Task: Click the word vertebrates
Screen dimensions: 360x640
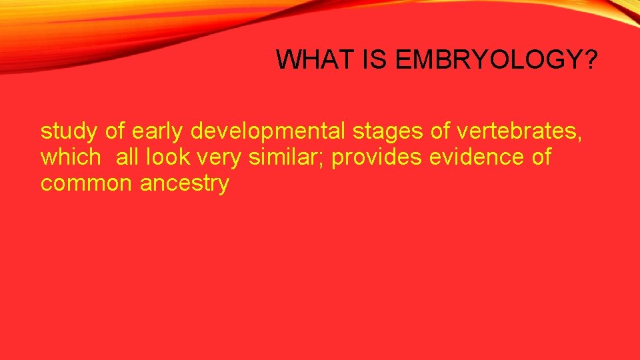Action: click(516, 131)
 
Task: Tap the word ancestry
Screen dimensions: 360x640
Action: click(184, 183)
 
